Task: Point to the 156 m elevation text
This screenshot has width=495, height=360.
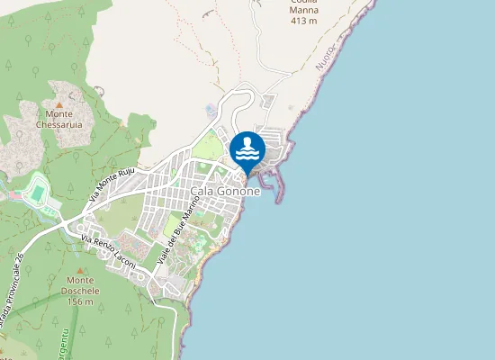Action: (x=79, y=301)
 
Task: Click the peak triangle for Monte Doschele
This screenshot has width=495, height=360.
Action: (x=79, y=270)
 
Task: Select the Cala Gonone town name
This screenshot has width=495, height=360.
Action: (x=225, y=192)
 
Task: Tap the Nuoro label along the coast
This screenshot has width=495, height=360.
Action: (x=327, y=55)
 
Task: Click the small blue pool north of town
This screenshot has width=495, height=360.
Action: (x=211, y=110)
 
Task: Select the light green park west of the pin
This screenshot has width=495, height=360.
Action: (x=209, y=146)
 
